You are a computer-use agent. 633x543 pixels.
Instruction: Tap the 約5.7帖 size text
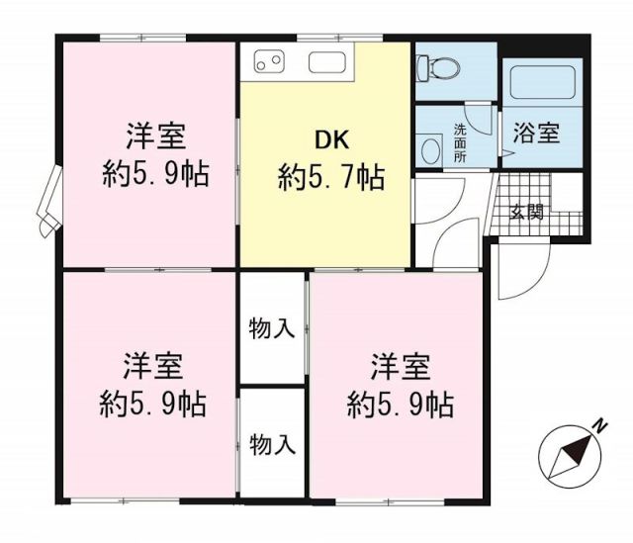(331, 178)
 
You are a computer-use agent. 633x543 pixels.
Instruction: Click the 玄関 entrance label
(526, 211)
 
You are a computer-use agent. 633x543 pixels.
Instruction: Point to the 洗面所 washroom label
(461, 141)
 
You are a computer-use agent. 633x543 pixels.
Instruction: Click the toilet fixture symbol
(435, 66)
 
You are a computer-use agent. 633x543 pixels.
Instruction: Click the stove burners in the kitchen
(269, 62)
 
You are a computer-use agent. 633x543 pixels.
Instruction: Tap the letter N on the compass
(599, 425)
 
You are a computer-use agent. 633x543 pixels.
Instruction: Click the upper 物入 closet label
(272, 328)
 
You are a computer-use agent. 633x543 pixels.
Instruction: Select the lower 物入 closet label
(272, 444)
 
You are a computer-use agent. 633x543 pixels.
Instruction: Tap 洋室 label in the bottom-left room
(152, 365)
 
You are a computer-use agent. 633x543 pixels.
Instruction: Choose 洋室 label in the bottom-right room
(400, 366)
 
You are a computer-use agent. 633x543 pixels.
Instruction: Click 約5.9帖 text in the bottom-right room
(400, 405)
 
